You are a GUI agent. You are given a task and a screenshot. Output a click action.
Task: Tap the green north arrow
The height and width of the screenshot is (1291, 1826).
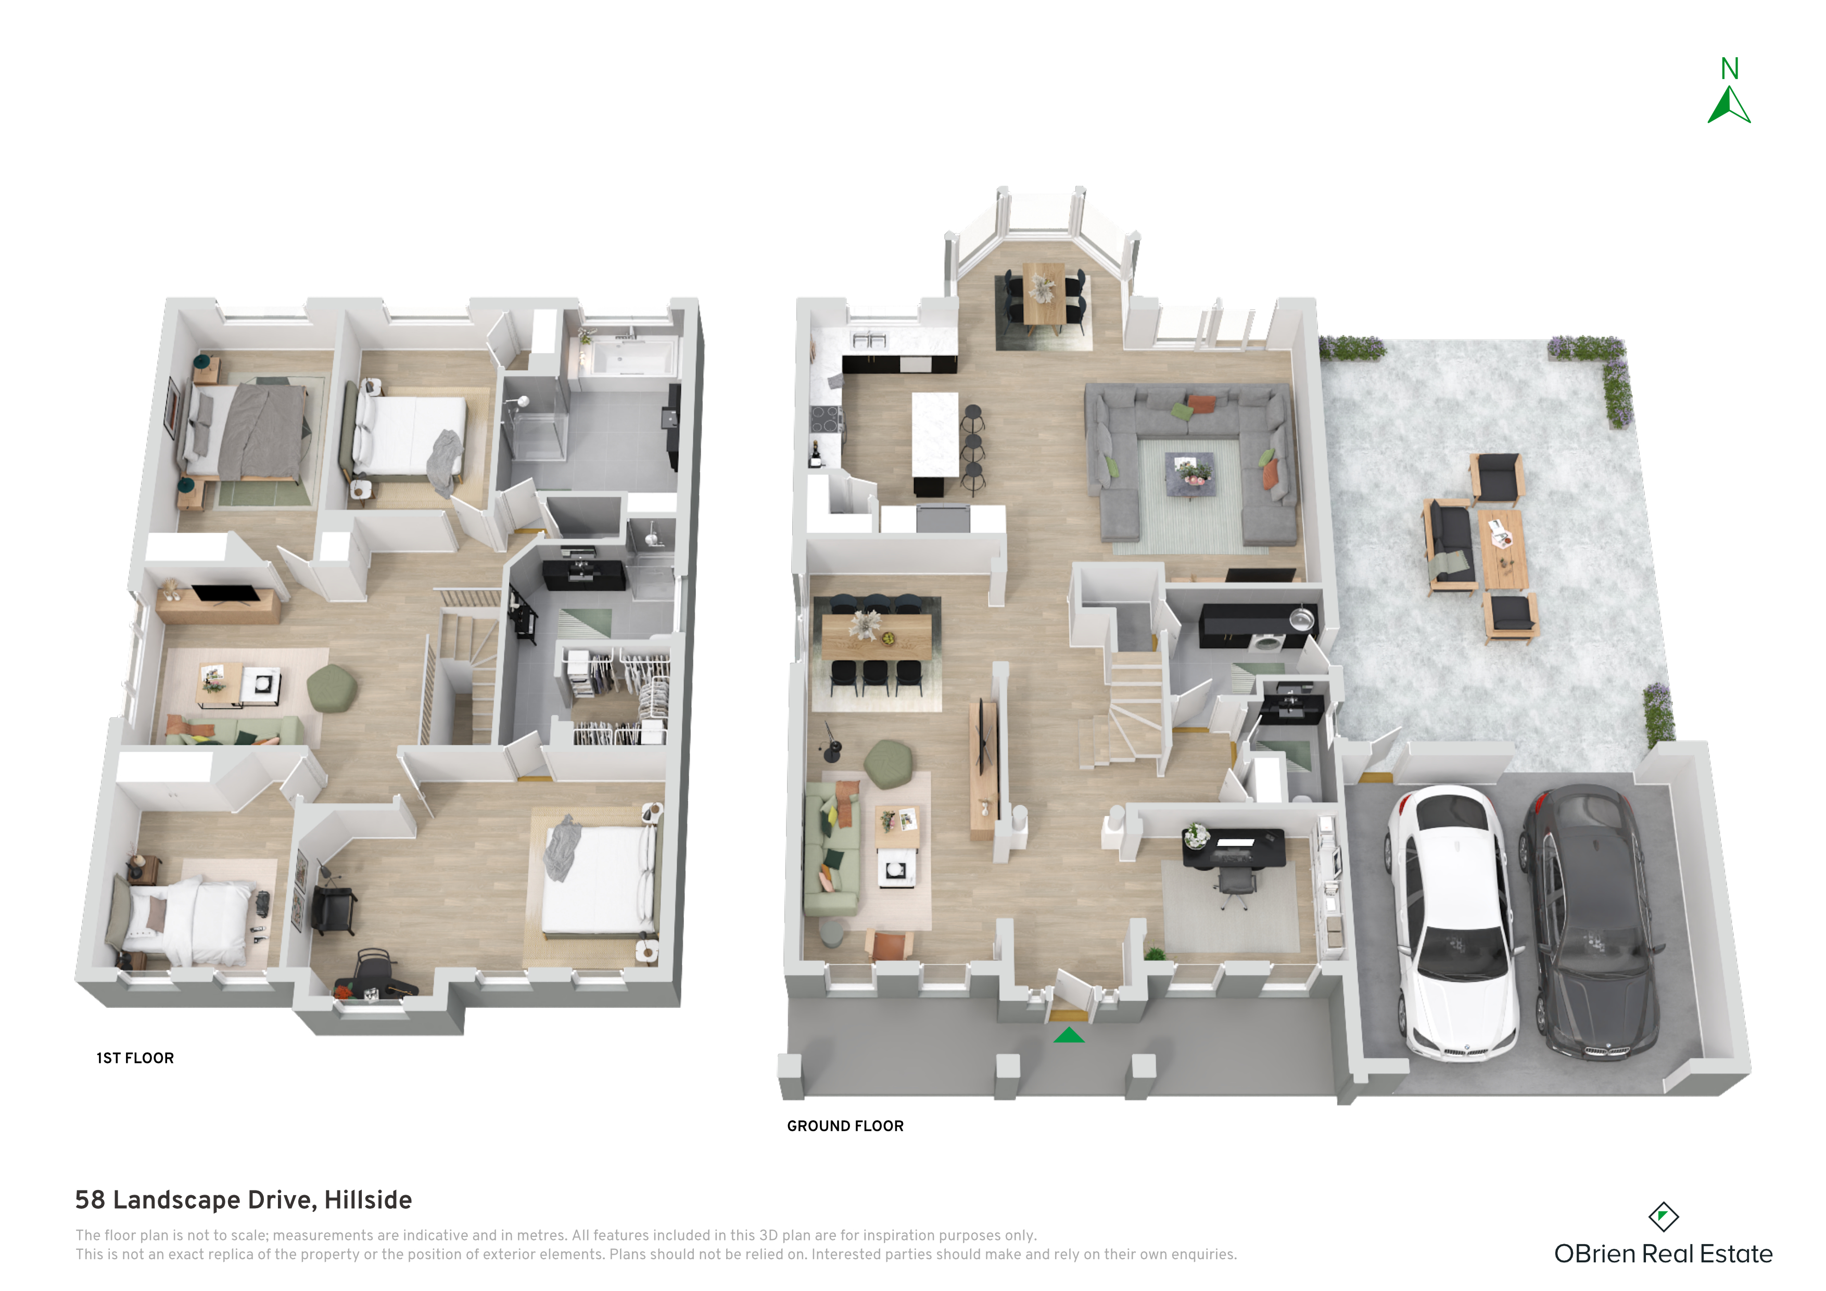1729,105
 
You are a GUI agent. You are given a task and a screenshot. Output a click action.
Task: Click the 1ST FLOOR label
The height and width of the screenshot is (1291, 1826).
135,1058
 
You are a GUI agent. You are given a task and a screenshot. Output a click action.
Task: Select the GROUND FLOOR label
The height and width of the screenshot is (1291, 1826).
845,1125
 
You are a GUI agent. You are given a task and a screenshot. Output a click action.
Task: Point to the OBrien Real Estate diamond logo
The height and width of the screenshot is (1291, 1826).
1663,1216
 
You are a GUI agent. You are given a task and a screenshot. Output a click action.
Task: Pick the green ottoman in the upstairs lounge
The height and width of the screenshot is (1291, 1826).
332,687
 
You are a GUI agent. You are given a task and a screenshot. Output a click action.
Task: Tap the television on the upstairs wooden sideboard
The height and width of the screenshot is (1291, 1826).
226,593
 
